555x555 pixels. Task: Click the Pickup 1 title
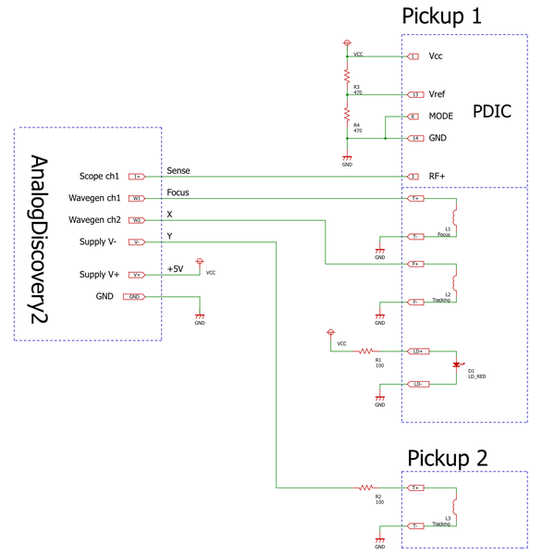[x=442, y=17]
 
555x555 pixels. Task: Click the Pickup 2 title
[x=448, y=457]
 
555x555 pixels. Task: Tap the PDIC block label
[x=491, y=111]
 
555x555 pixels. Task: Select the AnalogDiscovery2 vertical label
[x=40, y=239]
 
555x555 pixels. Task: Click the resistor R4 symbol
[x=347, y=117]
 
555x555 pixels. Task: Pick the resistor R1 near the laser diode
[x=365, y=351]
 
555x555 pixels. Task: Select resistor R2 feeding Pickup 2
[x=366, y=487]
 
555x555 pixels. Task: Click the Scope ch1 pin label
[x=99, y=176]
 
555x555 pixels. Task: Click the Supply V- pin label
[x=98, y=241]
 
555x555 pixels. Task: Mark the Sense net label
[x=178, y=170]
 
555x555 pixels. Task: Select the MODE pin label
[x=441, y=117]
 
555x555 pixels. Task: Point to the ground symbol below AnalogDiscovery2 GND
[x=200, y=317]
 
